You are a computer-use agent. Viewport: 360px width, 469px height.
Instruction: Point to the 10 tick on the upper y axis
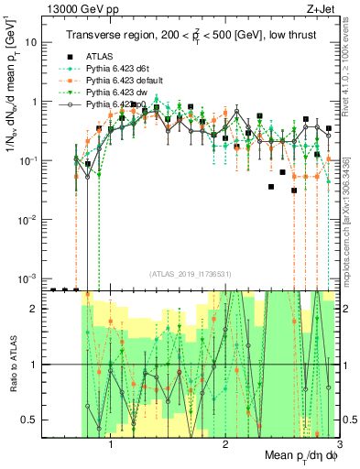pyautogui.click(x=33, y=43)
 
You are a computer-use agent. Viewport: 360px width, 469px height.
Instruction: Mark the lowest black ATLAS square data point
pyautogui.click(x=293, y=191)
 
